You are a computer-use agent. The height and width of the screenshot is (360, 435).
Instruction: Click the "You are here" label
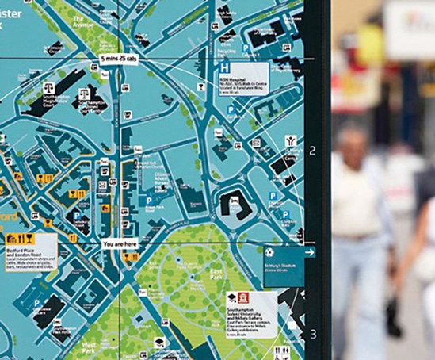click(120, 244)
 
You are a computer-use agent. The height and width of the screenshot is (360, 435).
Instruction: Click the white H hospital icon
click(225, 69)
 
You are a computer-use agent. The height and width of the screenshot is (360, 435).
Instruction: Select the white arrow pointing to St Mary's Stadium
click(309, 252)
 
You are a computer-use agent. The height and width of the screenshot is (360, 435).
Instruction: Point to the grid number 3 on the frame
click(312, 334)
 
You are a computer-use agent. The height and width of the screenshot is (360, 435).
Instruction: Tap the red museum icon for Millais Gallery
click(244, 298)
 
